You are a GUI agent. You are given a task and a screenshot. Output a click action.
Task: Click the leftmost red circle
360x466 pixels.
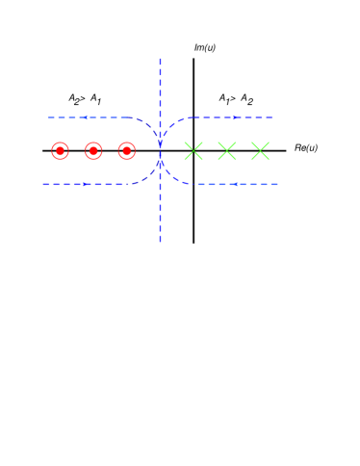tap(60, 150)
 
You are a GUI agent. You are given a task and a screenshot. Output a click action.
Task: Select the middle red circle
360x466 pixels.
tap(93, 150)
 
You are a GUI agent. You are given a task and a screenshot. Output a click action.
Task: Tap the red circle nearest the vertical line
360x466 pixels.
tap(127, 150)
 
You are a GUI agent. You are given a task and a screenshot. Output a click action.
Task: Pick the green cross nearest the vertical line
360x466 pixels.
tap(193, 150)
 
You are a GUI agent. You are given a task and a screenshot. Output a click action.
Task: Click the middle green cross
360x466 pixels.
tap(227, 150)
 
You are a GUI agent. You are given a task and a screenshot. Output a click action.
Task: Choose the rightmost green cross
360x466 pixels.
tap(260, 150)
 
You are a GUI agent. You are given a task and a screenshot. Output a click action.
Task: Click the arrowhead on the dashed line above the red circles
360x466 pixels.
tap(85, 117)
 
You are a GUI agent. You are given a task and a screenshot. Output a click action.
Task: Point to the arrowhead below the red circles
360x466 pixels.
tap(85, 184)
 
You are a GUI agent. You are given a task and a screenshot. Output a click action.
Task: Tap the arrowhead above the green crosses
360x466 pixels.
tap(235, 117)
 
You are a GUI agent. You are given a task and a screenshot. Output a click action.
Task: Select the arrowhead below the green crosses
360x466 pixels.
tap(235, 184)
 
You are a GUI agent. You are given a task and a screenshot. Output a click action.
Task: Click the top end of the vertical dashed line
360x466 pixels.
tap(160, 59)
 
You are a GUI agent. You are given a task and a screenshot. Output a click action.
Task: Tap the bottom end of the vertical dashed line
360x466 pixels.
tap(160, 241)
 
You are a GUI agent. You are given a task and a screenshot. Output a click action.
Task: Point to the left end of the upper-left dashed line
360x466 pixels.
tap(48, 117)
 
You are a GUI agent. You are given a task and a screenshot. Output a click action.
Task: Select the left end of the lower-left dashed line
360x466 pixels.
tap(42, 184)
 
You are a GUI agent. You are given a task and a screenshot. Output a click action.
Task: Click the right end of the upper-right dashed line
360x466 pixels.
tap(273, 117)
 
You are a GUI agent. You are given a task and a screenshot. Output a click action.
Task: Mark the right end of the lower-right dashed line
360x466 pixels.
tap(278, 184)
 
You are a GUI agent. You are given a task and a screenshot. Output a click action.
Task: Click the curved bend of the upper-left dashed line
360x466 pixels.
tap(149, 125)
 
